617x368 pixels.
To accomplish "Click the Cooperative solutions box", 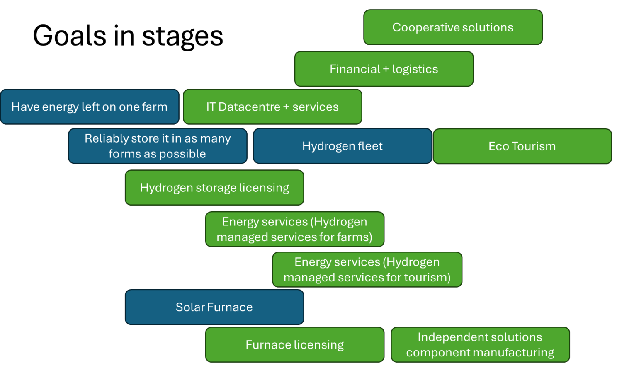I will [453, 27].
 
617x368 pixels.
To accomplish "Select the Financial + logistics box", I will [384, 69].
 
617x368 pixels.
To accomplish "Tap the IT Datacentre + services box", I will [272, 107].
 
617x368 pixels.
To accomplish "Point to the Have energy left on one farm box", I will [90, 107].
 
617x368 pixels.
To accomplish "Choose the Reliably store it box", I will [158, 146].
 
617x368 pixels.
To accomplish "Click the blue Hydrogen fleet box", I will [343, 146].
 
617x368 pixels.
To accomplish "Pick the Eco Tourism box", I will [522, 146].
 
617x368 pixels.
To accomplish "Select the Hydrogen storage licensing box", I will [214, 188].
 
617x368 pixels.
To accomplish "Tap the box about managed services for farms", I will [294, 229].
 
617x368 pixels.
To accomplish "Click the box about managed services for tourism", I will [367, 269].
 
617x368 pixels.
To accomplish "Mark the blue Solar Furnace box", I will [214, 307].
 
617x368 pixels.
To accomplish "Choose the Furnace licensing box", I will [294, 345].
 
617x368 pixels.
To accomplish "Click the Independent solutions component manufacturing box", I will [480, 345].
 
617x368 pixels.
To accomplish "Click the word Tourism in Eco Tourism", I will [534, 146].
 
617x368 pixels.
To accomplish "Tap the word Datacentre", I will [249, 107].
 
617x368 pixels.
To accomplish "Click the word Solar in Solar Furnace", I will [190, 307].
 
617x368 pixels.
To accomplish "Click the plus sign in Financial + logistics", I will [386, 69].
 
